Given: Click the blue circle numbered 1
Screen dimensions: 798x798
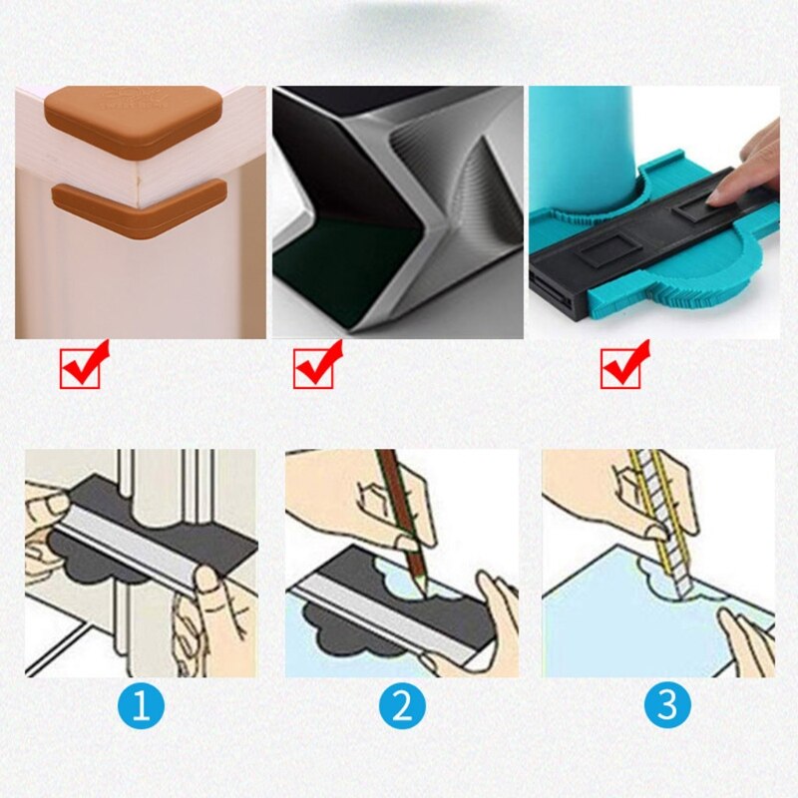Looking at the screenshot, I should point(141,706).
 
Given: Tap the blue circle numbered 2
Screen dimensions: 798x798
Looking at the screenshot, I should point(402,706).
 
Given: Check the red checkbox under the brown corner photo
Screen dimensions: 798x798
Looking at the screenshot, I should point(82,366).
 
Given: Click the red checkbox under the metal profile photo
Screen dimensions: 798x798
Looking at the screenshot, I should point(316,366).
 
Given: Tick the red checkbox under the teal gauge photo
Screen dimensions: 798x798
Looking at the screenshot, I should point(623,366).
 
